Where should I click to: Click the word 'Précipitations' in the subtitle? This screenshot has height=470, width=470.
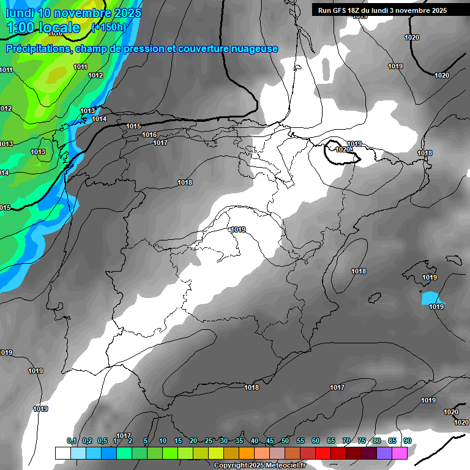point(38,49)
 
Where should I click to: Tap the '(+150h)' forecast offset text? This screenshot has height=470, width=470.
point(108,28)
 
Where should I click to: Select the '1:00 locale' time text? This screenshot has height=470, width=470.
point(43,28)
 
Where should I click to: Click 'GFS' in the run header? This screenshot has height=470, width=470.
point(338,10)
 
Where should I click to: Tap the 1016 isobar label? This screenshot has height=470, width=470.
point(149,135)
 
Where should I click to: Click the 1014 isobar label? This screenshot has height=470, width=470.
point(99,119)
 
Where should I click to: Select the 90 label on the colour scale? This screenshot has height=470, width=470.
point(407,441)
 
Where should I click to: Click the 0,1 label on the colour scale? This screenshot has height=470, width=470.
point(72,441)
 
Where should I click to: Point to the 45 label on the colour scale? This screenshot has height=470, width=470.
point(270,441)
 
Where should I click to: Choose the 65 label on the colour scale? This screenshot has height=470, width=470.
point(331,441)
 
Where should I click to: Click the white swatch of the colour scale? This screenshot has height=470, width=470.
point(62,453)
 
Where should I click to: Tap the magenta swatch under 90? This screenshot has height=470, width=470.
point(400,453)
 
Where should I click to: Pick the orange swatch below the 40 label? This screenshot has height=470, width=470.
point(247,453)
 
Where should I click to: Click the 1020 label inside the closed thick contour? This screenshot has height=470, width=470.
point(343,149)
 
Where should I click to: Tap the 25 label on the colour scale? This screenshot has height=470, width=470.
point(209,441)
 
